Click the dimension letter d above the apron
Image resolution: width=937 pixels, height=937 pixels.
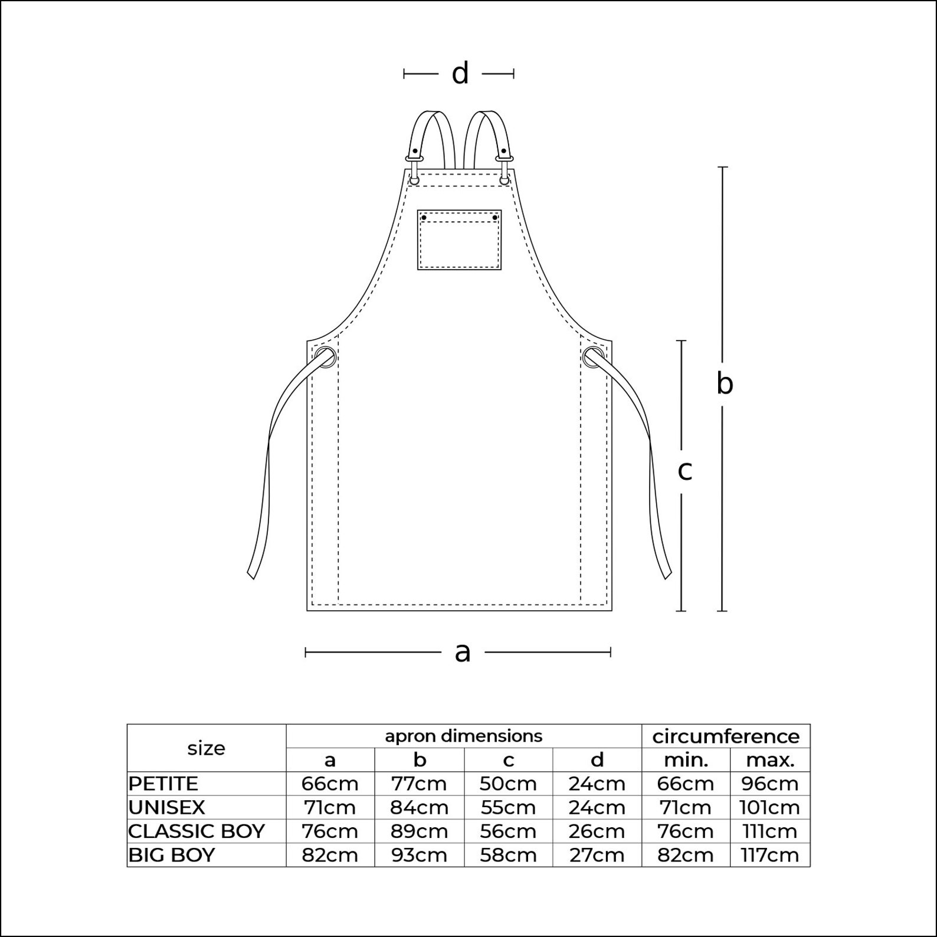(460, 74)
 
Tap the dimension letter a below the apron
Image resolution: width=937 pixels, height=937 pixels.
(463, 653)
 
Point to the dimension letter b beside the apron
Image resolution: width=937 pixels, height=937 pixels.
(725, 383)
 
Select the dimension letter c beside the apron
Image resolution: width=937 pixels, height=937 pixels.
(684, 471)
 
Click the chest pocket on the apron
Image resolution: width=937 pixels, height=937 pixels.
(459, 240)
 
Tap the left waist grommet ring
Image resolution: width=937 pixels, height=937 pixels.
(326, 358)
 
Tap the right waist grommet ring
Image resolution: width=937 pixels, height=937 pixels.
(593, 358)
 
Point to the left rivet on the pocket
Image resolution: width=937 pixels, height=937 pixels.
(424, 218)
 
